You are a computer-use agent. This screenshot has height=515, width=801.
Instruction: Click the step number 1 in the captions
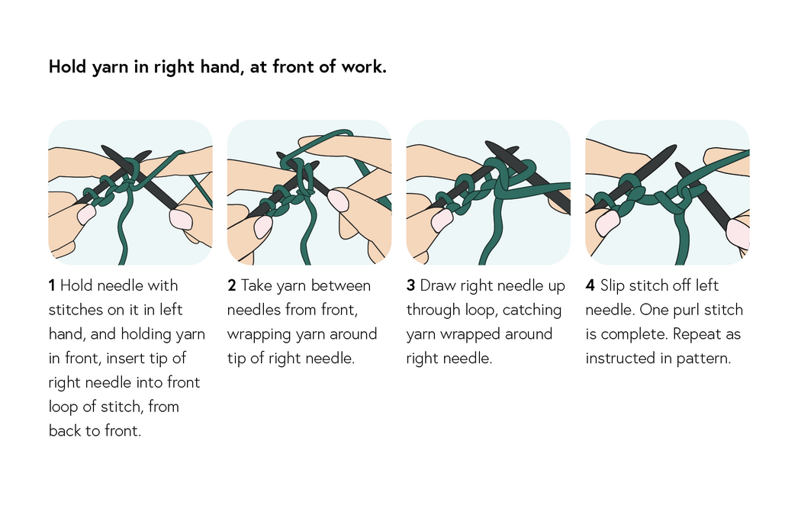(52, 286)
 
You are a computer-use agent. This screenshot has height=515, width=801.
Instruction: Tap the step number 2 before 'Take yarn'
(231, 286)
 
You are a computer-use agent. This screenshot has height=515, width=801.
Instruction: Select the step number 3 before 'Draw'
(410, 286)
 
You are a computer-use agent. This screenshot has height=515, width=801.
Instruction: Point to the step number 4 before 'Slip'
(590, 286)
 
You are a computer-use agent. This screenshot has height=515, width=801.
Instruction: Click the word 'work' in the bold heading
(362, 67)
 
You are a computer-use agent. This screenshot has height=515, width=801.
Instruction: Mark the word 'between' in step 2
(339, 286)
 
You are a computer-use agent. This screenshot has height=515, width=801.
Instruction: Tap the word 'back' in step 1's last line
(66, 431)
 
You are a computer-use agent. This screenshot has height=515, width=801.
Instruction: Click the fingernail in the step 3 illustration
(442, 220)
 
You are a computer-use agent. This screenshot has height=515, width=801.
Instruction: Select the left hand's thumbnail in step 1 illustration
(85, 214)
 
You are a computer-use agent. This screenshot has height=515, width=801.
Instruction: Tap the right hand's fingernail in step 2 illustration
(338, 201)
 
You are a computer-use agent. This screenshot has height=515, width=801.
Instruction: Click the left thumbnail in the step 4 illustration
(607, 223)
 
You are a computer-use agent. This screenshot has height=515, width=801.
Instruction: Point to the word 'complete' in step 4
(631, 334)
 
